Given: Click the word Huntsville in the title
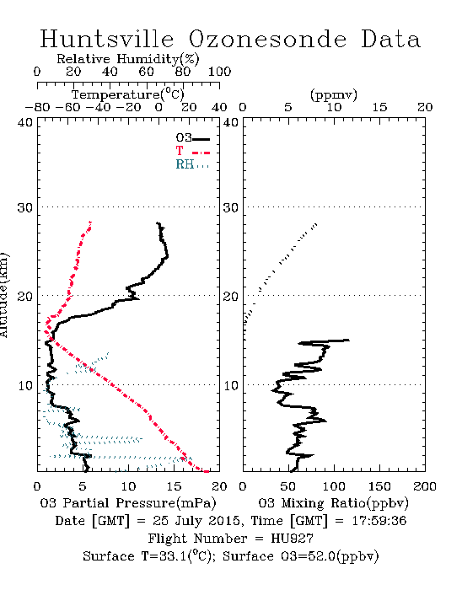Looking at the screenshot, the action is pos(107,39).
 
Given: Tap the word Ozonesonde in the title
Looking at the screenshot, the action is pos(267,39).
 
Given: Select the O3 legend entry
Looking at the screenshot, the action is pos(192,138).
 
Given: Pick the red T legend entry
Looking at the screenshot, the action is pos(192,151).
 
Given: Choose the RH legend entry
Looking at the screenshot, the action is pos(192,164).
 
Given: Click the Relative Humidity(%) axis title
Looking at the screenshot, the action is pos(128,59).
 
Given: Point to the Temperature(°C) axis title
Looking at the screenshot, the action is pos(128,94).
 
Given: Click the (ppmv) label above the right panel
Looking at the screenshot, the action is pos(334,94).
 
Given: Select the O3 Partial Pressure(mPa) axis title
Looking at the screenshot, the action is pos(128,503).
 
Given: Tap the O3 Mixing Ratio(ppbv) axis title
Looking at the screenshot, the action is pos(333,503).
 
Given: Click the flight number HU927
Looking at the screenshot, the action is pos(293,539).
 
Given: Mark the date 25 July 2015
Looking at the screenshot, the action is pos(196,521).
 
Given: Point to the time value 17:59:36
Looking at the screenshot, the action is pos(379,521).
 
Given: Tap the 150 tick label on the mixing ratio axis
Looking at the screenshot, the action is pos(379,486).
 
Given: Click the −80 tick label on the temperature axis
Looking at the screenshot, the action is pos(38,108).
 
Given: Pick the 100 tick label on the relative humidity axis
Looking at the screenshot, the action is pos(220,72).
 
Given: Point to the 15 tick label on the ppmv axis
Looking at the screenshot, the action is pos(379,108).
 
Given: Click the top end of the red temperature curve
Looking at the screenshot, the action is pos(90,223).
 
